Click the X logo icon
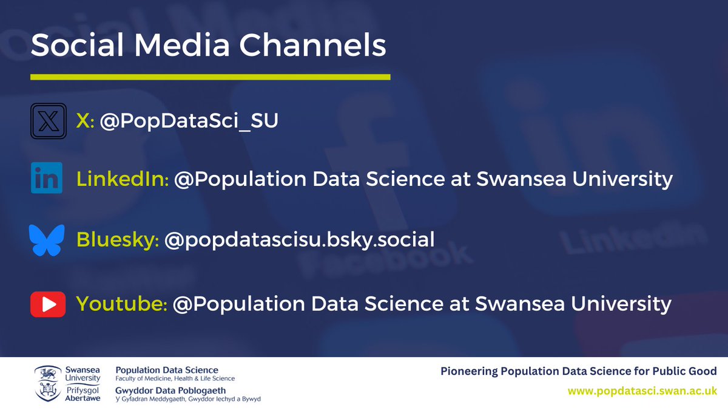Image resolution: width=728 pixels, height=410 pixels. click(47, 121)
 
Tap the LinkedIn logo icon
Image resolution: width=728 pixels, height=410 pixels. click(47, 179)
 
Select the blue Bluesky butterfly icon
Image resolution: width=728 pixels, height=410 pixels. click(47, 239)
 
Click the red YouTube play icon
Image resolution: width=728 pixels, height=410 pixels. click(47, 303)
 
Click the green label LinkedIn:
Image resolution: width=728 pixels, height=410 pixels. click(123, 179)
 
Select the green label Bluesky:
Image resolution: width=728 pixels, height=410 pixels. click(118, 239)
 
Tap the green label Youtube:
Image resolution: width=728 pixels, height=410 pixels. click(121, 303)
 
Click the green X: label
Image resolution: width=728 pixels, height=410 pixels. click(85, 121)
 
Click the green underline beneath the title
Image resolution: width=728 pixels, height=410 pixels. click(210, 77)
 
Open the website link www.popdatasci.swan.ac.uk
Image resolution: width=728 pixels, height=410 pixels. click(642, 391)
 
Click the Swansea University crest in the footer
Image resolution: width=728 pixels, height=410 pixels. click(46, 383)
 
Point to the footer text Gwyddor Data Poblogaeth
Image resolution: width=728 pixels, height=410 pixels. click(170, 390)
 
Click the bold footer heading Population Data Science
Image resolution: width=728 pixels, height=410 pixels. click(167, 370)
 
